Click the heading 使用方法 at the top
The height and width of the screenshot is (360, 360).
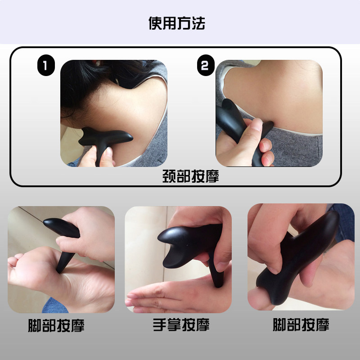coord(177,23)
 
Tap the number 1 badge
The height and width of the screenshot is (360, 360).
coord(45,66)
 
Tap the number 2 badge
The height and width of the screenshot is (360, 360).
coord(205,66)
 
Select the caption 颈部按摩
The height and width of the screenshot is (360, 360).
coord(190,176)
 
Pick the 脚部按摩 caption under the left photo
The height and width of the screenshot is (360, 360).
coord(56,325)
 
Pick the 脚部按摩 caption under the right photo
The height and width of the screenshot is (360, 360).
coord(301,325)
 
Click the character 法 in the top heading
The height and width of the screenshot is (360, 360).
coord(198,23)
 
